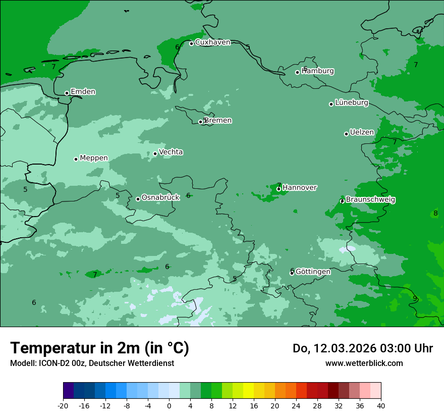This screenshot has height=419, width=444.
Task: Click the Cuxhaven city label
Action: [212, 42]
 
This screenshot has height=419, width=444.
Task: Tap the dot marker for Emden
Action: [67, 93]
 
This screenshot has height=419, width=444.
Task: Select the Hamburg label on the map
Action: [318, 71]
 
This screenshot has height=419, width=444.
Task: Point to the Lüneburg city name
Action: [352, 103]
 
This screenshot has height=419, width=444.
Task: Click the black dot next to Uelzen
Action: [347, 134]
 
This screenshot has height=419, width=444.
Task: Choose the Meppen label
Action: [94, 158]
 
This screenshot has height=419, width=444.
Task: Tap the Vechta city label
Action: [171, 152]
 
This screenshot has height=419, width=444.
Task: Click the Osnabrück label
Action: [160, 198]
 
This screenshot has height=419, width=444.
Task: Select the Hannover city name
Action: [300, 188]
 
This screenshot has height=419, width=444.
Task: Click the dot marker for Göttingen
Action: [292, 273]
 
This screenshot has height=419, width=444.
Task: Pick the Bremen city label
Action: [218, 121]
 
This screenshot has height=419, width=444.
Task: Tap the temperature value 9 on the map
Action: [415, 298]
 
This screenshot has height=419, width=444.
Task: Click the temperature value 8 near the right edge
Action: [435, 213]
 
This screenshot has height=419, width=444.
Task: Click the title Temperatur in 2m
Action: [100, 348]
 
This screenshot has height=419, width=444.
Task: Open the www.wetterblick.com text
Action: [364, 363]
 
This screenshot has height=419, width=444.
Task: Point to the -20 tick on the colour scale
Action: [63, 405]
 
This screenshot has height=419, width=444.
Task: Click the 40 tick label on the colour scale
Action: [381, 405]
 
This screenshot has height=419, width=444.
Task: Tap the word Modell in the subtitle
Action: [22, 363]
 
